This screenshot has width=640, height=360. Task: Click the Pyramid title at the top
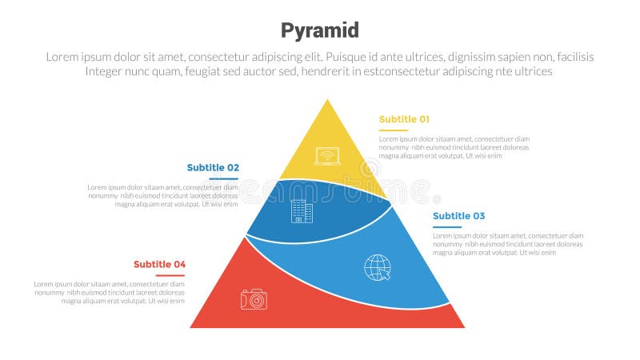pos(319,30)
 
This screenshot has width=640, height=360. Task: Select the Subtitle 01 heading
pos(404,119)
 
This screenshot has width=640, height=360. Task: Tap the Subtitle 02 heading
pos(213,167)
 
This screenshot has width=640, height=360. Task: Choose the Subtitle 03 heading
pos(458,216)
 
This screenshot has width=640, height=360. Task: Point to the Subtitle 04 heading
pos(159,264)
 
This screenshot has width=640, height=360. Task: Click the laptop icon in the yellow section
pos(327,156)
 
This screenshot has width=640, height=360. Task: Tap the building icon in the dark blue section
pos(302,211)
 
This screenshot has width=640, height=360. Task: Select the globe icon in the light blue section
pos(378,267)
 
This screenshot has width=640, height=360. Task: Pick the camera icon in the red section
pos(254,299)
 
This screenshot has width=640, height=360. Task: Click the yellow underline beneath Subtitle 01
pos(393,130)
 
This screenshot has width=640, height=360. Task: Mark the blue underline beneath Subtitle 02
pos(224,178)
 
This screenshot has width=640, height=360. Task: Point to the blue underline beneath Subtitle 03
pos(447,226)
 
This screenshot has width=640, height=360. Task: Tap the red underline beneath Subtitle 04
pos(170,274)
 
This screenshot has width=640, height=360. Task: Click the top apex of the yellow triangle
pos(327,101)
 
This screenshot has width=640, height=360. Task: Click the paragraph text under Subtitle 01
pos(454,147)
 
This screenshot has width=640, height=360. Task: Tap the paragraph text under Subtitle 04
pos(110,293)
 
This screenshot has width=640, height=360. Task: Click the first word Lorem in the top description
pos(65,57)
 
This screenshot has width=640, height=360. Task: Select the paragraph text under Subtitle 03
pos(507,244)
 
